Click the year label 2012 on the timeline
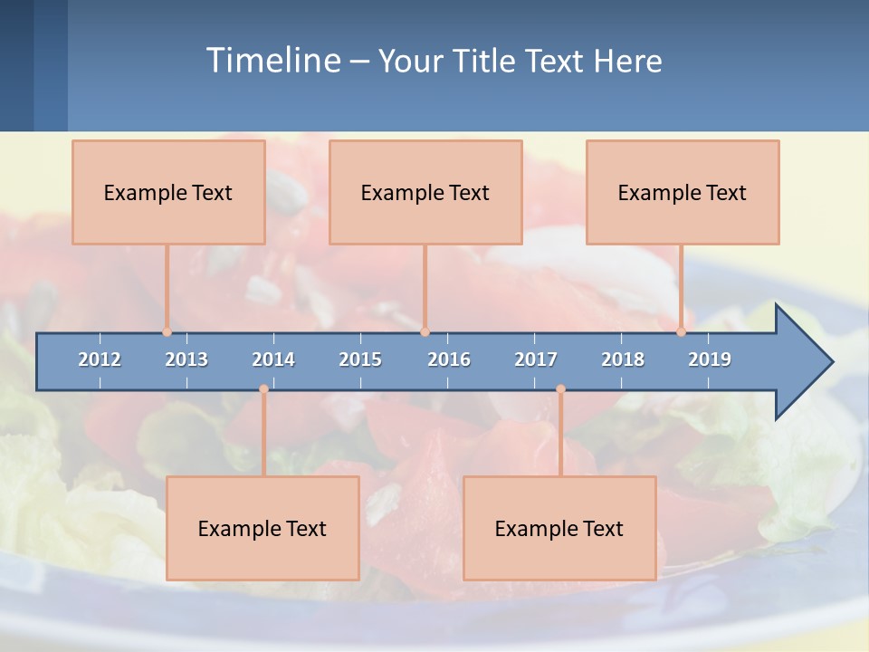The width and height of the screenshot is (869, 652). pyautogui.click(x=100, y=360)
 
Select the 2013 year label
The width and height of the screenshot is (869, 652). pyautogui.click(x=186, y=360)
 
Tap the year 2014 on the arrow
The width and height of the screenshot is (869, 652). pyautogui.click(x=273, y=360)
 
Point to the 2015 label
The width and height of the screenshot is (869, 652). pyautogui.click(x=360, y=360)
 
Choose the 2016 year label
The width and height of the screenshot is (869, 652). pyautogui.click(x=449, y=360)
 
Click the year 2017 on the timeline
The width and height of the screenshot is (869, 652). pyautogui.click(x=536, y=360)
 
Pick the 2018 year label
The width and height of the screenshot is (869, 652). pyautogui.click(x=623, y=360)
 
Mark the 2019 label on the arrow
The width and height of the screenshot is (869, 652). pyautogui.click(x=710, y=360)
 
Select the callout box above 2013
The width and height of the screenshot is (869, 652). pyautogui.click(x=168, y=192)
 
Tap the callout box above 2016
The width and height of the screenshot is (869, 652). pyautogui.click(x=425, y=192)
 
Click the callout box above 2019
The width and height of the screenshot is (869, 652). pyautogui.click(x=683, y=192)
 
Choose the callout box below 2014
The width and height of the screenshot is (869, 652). pyautogui.click(x=263, y=528)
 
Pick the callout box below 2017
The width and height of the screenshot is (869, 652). pyautogui.click(x=559, y=528)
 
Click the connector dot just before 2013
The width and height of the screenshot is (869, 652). pyautogui.click(x=167, y=332)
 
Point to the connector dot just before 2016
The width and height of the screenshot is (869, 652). pyautogui.click(x=425, y=332)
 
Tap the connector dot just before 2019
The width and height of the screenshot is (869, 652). pyautogui.click(x=681, y=332)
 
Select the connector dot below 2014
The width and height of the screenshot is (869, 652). pyautogui.click(x=263, y=389)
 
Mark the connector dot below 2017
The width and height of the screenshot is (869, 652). pyautogui.click(x=560, y=389)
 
